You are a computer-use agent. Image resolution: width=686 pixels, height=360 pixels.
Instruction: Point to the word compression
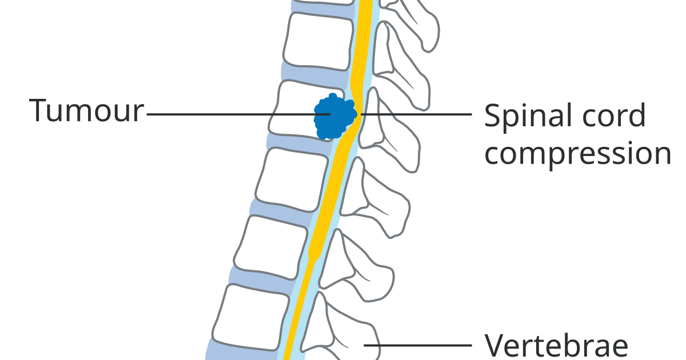coord(577,153)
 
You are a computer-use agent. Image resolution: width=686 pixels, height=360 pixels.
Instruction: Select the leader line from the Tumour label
coord(229,114)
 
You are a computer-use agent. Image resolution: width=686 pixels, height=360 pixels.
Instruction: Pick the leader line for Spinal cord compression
coord(417,114)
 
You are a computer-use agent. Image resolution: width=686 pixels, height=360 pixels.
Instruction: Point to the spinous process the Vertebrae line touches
coord(349,337)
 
